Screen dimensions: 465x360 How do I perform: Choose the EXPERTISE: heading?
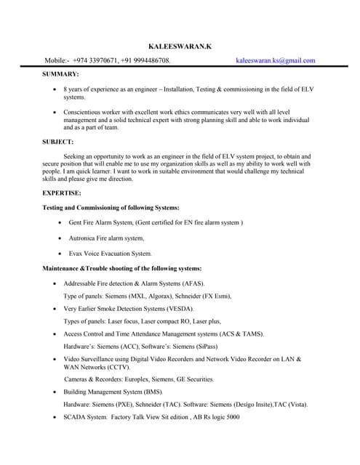62,193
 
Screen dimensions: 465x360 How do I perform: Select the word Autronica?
84,238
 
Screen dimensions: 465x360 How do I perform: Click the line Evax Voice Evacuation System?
110,254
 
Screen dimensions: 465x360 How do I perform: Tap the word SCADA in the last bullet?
76,417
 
